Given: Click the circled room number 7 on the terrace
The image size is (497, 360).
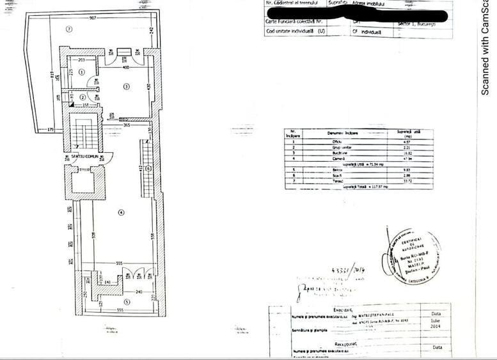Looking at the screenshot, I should (69, 29).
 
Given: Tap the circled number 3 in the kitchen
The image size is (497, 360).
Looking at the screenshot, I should (127, 86).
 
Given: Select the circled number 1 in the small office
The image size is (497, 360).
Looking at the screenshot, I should (82, 72).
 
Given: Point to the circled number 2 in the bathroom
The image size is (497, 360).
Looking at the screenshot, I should (83, 97).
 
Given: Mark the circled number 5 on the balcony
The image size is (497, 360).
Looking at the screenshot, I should (126, 302).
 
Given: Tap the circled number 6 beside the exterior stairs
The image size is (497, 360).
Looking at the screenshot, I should (148, 168).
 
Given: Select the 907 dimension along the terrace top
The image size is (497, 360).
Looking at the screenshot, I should (93, 17).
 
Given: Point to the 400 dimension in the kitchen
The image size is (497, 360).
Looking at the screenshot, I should (125, 67).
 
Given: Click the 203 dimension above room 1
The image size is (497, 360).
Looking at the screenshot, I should (81, 59).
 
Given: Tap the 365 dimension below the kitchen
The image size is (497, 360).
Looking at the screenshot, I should (127, 125).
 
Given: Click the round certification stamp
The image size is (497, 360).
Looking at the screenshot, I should (413, 256).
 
